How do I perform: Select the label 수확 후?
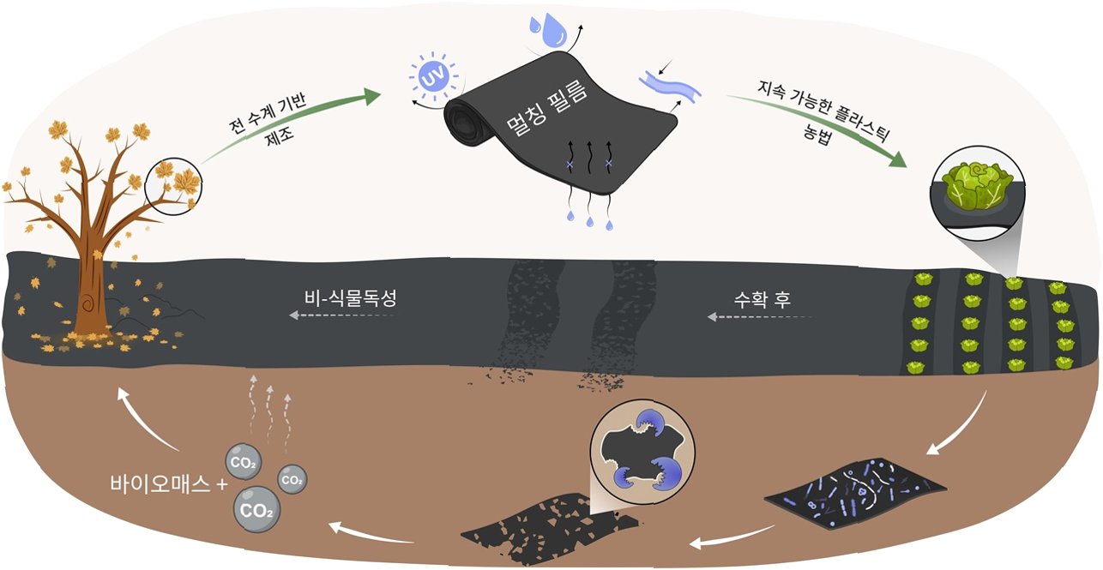coord(762,300)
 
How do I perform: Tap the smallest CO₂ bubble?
coord(292,478)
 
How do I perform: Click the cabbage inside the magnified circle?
coord(972,189)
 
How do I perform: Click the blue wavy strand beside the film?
coord(670,86)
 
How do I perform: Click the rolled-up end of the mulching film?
coord(464,125)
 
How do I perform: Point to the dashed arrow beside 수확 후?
coord(759,317)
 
